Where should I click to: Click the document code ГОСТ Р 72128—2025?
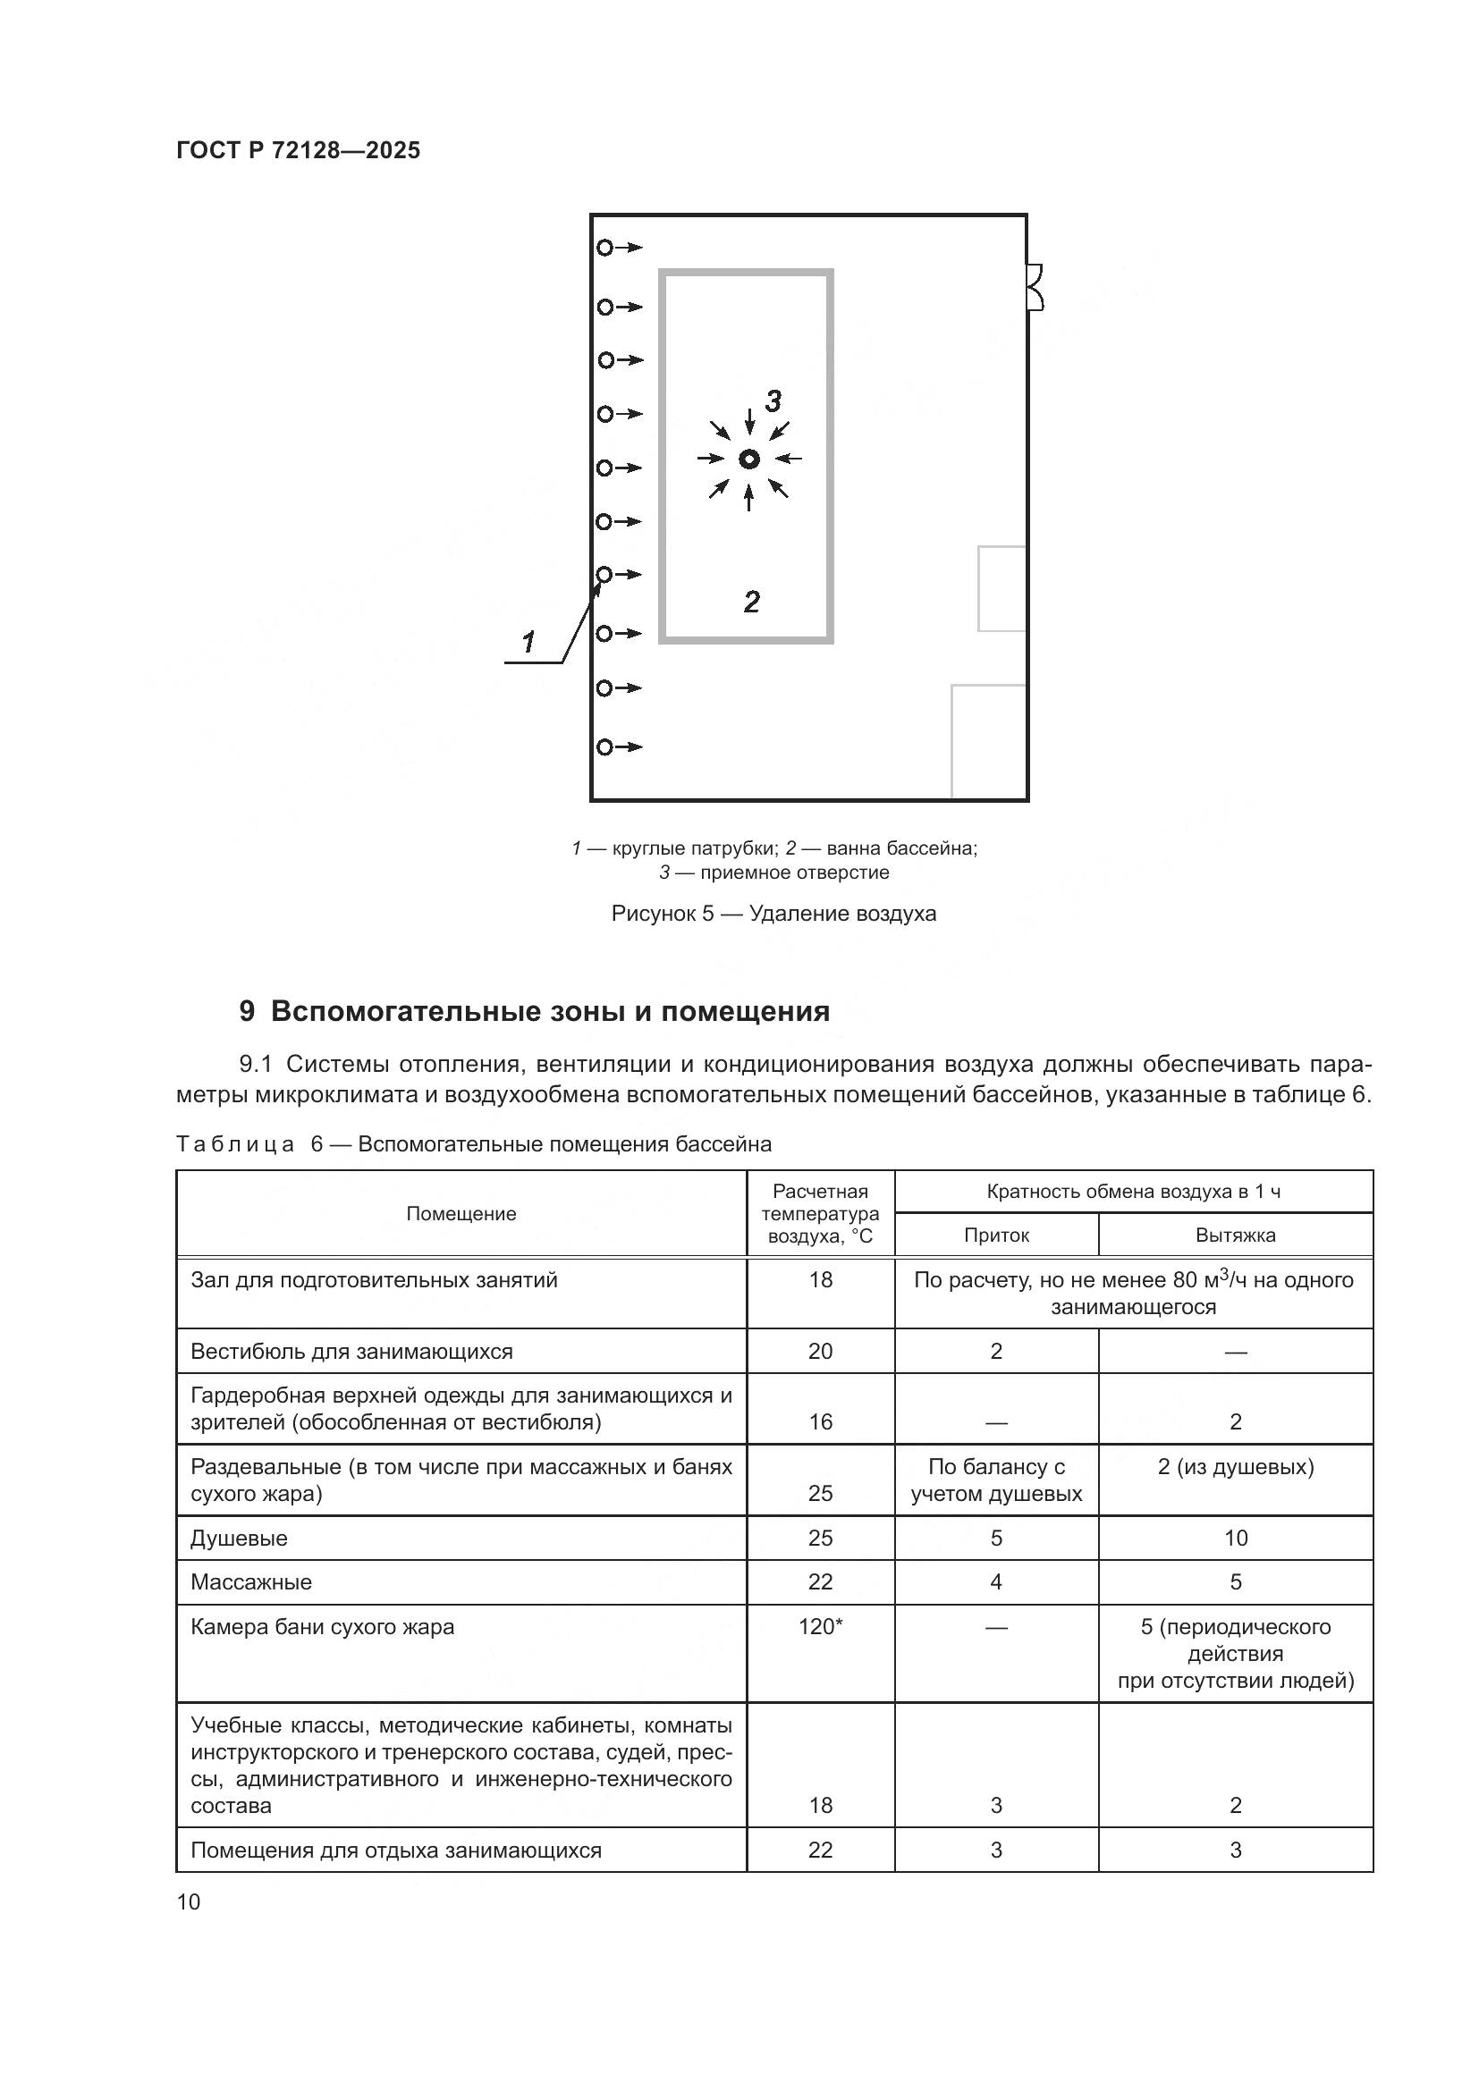coord(298,150)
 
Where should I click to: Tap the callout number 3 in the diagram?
coord(773,400)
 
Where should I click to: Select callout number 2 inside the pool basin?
coord(751,601)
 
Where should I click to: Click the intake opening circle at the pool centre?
coord(749,459)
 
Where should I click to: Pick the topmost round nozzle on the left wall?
coord(604,247)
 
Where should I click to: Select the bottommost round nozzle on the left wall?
coord(604,746)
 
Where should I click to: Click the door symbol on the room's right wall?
coord(1035,287)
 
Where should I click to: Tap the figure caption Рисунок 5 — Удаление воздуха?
coord(773,914)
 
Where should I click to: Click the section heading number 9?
coord(247,1012)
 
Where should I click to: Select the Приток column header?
coord(996,1235)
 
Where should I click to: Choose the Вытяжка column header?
coord(1235,1235)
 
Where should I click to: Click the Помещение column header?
coord(461,1213)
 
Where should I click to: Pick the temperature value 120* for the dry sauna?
coord(820,1626)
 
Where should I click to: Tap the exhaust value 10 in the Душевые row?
coord(1235,1539)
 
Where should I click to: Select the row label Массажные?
coord(251,1582)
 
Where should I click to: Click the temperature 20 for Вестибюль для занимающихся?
coord(820,1351)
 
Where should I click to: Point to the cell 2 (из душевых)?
coord(1235,1467)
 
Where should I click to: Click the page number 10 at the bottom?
coord(189,1901)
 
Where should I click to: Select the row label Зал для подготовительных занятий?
coord(374,1279)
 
